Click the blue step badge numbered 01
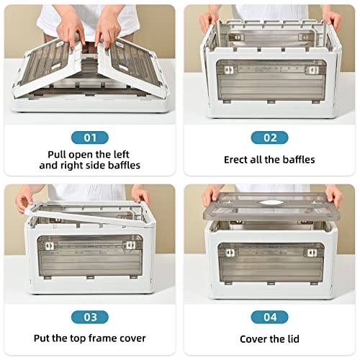pos(90,138)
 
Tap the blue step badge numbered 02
pos(269,138)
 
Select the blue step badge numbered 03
pos(90,317)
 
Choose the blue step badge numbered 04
pos(269,317)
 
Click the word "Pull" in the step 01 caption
pos(56,154)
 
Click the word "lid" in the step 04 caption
pos(293,339)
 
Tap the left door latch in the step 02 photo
pos(229,70)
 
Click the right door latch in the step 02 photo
pos(313,70)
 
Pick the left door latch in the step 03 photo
pos(50,246)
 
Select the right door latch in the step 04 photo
pos(312,253)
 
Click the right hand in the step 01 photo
pos(107,31)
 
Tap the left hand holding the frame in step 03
pos(24,199)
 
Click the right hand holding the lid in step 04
pos(335,197)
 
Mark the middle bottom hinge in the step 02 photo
pos(271,102)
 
